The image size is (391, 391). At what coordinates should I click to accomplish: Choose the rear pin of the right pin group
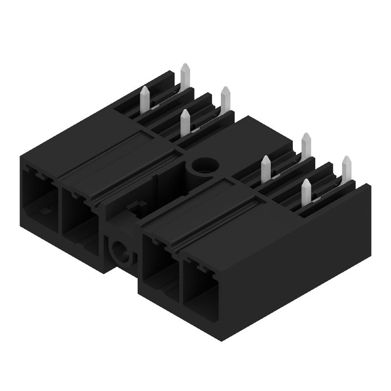(x=306, y=144)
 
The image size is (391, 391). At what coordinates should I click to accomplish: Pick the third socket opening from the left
(x=157, y=264)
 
